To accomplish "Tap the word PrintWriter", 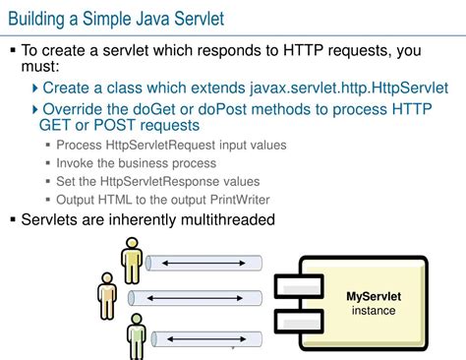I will click(x=235, y=199).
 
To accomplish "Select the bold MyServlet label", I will click(x=373, y=295).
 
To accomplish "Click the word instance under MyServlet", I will click(x=374, y=311).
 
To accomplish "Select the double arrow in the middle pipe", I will click(x=203, y=297).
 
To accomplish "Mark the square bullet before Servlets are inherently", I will click(x=13, y=220).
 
